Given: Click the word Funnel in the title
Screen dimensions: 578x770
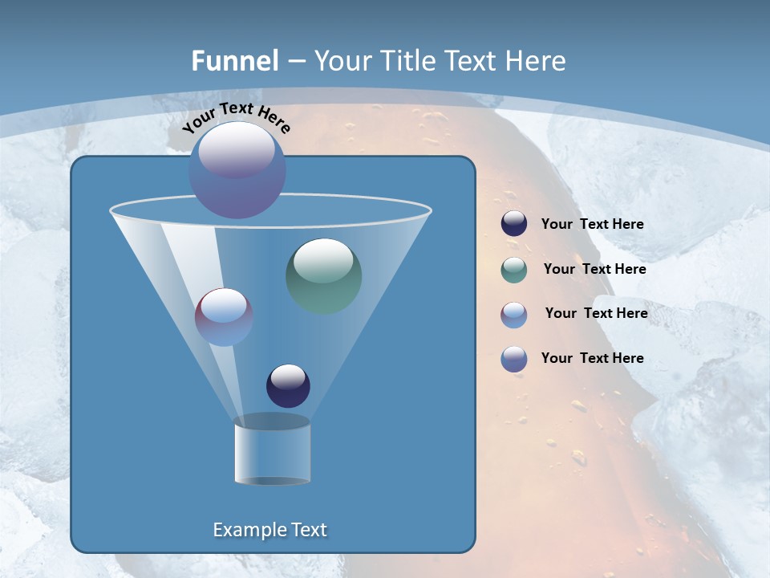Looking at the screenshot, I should (x=235, y=61).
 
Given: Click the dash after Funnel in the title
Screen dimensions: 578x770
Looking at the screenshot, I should (x=295, y=62).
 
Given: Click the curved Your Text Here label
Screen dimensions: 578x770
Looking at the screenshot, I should (x=236, y=117).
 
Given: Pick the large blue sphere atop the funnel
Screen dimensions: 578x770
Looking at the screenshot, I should (x=237, y=170).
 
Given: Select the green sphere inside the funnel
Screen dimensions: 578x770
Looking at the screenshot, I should (x=324, y=275).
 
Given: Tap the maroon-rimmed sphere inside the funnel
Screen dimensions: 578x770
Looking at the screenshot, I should (x=224, y=317).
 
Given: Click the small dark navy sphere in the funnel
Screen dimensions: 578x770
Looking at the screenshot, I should (x=288, y=385).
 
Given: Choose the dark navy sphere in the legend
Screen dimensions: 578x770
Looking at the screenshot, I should (x=514, y=224).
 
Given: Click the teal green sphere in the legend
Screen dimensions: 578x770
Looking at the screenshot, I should (x=514, y=270).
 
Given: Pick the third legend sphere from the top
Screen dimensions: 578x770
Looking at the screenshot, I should (x=514, y=315).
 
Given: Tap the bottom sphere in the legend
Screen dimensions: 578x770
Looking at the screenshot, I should (x=514, y=359).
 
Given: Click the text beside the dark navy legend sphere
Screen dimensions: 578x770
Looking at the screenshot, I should (x=592, y=225).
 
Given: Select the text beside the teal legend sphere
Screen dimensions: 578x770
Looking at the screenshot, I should (x=594, y=270).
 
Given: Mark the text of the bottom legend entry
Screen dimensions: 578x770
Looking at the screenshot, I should (x=592, y=358).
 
